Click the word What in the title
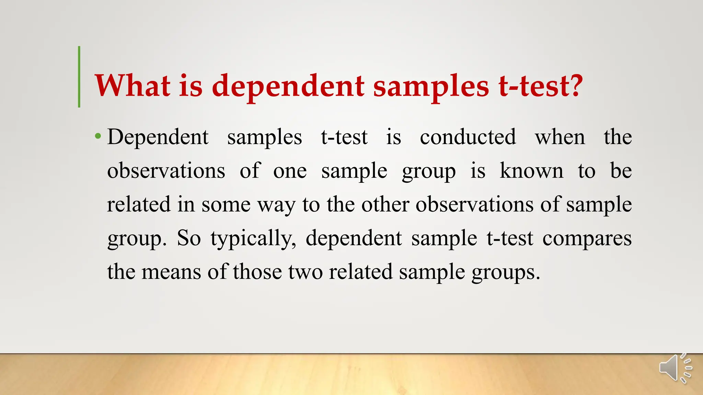pyautogui.click(x=132, y=86)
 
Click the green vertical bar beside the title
pyautogui.click(x=79, y=77)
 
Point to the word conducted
pyautogui.click(x=468, y=137)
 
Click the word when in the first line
pyautogui.click(x=560, y=137)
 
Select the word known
pyautogui.click(x=531, y=171)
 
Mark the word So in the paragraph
pyautogui.click(x=189, y=238)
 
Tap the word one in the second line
pyautogui.click(x=290, y=171)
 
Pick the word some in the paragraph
pyautogui.click(x=226, y=205)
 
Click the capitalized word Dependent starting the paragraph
pyautogui.click(x=158, y=137)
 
